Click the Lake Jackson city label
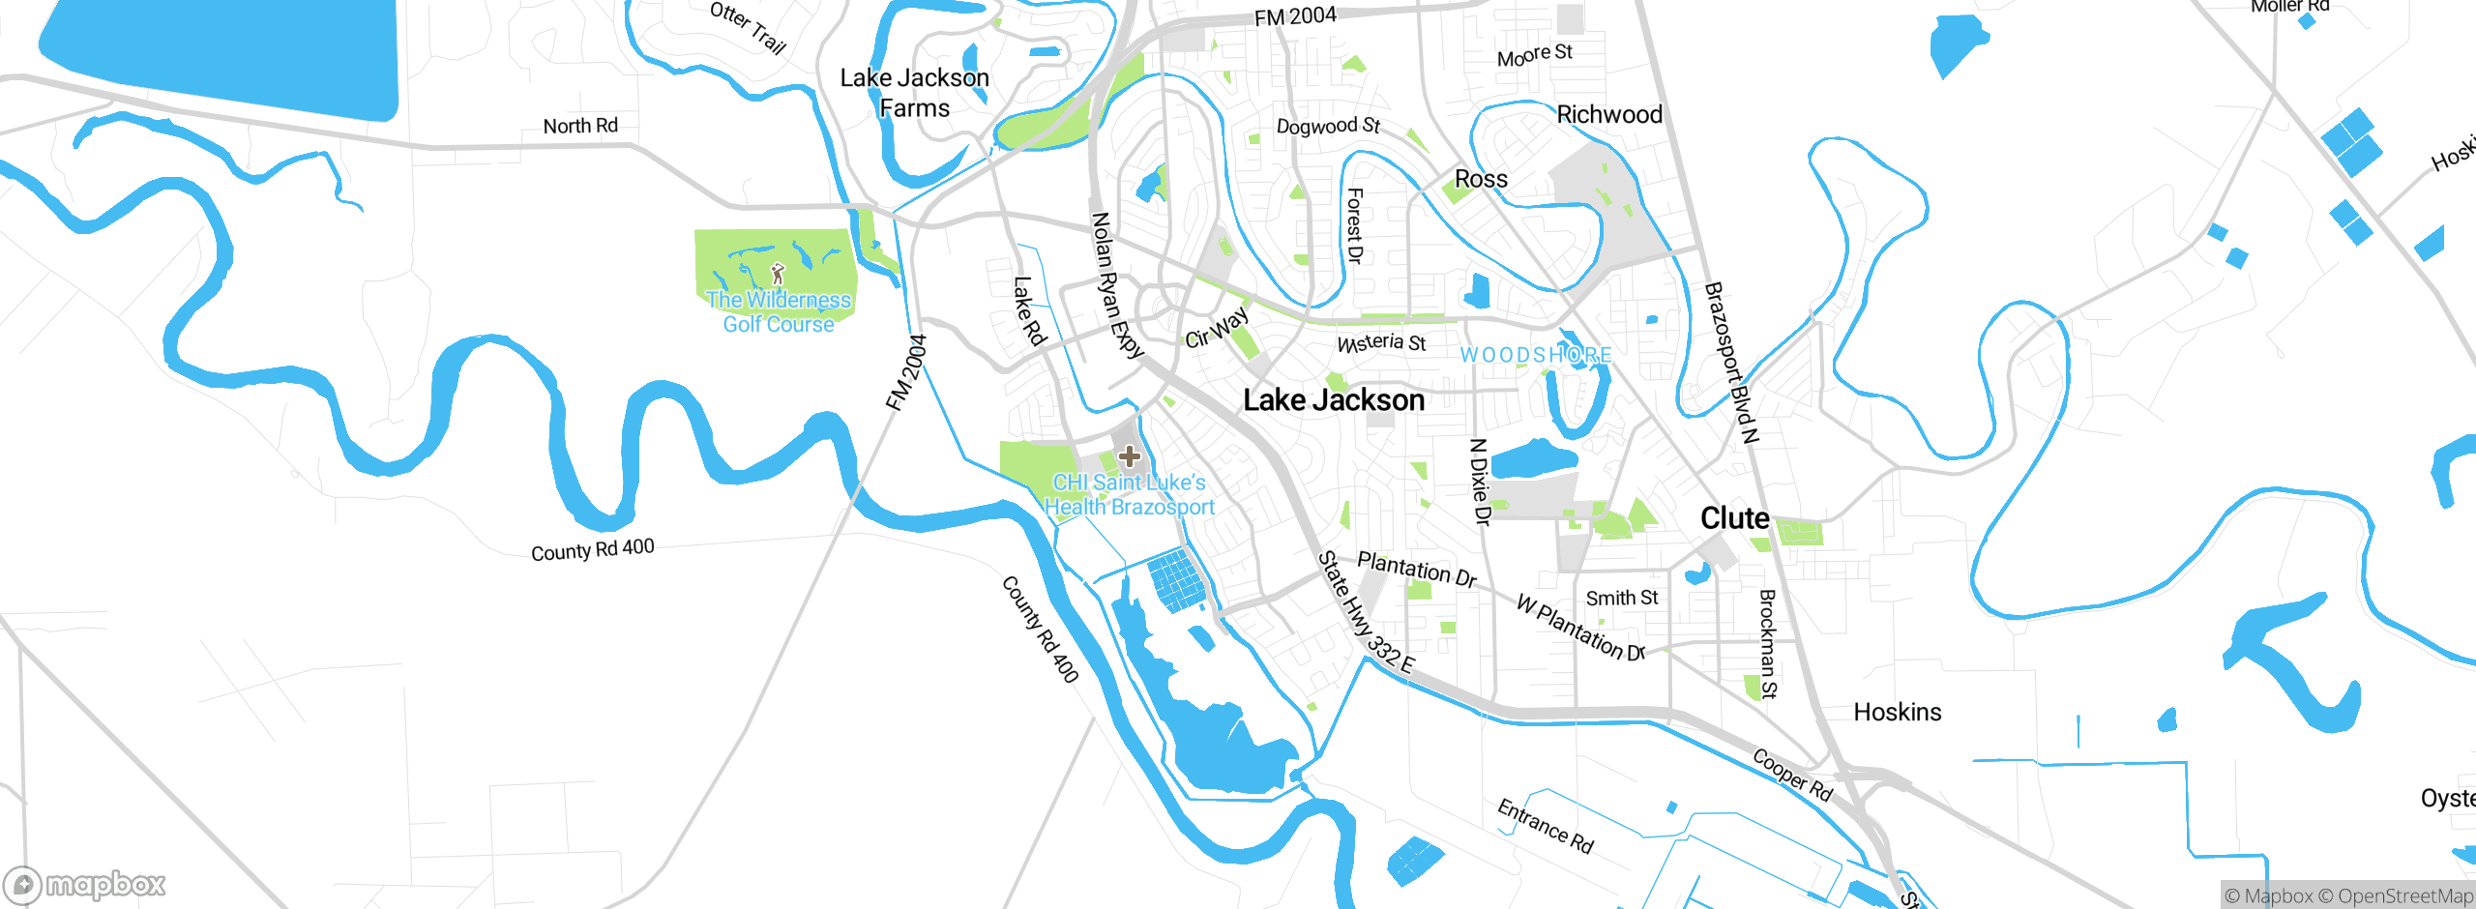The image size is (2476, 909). point(1333,400)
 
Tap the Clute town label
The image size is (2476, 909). point(1734,518)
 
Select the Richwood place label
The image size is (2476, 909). point(1608,114)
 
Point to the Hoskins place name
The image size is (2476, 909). point(1897,713)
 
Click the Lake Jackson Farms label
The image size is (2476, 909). point(914,93)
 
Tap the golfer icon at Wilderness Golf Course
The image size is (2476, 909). point(778,274)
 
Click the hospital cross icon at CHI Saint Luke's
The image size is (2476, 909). point(1129,456)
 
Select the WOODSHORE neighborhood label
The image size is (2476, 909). point(1535,355)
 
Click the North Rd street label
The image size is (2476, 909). point(580,126)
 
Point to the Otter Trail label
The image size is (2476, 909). point(748,27)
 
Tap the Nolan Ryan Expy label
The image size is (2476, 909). point(1117,285)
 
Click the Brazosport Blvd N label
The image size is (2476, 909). point(1729,362)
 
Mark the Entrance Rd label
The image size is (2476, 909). point(1545,826)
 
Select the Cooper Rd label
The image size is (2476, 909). point(1792,775)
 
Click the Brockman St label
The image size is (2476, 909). point(1767,643)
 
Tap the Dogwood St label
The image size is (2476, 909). point(1327,126)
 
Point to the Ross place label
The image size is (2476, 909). point(1481,180)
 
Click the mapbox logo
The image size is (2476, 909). point(85,884)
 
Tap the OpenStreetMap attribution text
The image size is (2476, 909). point(2404,896)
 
